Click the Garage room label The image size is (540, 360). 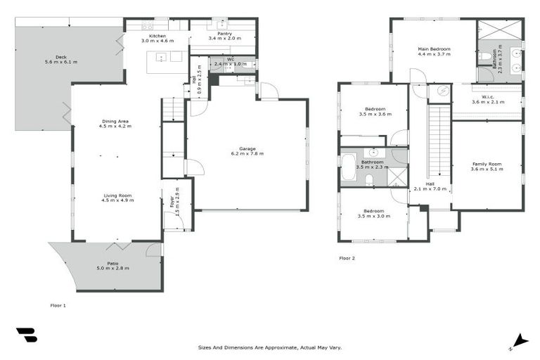[x=247, y=148]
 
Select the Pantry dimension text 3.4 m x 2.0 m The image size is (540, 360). [x=224, y=38]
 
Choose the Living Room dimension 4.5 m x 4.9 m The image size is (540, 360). [x=117, y=200]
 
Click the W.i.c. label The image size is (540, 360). [x=488, y=96]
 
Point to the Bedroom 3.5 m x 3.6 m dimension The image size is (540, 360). [x=373, y=114]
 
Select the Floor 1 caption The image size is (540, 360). [x=58, y=306]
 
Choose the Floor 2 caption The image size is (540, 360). [x=347, y=258]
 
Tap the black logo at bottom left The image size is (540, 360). [x=26, y=335]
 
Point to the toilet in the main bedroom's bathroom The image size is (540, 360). [x=486, y=55]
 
